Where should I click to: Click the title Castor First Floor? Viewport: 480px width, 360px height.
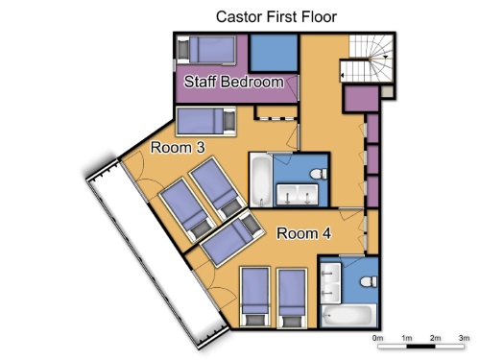pyautogui.click(x=276, y=16)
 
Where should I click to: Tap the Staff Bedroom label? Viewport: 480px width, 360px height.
pyautogui.click(x=233, y=82)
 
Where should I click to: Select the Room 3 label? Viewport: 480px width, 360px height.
pyautogui.click(x=178, y=147)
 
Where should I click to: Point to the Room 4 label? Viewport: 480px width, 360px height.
pyautogui.click(x=303, y=233)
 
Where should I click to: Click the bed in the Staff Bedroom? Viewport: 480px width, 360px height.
pyautogui.click(x=206, y=50)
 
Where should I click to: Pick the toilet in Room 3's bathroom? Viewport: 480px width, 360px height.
pyautogui.click(x=319, y=174)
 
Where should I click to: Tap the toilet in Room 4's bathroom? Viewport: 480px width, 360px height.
pyautogui.click(x=369, y=282)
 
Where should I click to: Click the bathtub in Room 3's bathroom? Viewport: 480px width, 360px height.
pyautogui.click(x=261, y=180)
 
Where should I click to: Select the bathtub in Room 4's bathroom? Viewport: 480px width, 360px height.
pyautogui.click(x=348, y=316)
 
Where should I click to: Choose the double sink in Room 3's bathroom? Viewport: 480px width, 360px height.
pyautogui.click(x=298, y=194)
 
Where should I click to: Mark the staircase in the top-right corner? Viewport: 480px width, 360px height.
pyautogui.click(x=367, y=59)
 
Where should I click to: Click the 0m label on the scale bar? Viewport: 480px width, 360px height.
pyautogui.click(x=378, y=338)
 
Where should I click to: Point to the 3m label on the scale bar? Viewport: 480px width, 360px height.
pyautogui.click(x=464, y=338)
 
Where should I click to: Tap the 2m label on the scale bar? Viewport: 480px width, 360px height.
pyautogui.click(x=435, y=338)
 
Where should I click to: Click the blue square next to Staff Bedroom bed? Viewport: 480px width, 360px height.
pyautogui.click(x=274, y=53)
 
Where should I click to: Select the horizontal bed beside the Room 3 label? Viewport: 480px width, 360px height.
pyautogui.click(x=206, y=122)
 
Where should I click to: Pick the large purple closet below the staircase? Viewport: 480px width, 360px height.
pyautogui.click(x=361, y=99)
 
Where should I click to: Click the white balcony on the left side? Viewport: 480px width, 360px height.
pyautogui.click(x=157, y=253)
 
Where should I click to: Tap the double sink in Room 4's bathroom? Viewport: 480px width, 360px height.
pyautogui.click(x=331, y=283)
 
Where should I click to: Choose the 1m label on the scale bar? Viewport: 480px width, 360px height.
pyautogui.click(x=407, y=338)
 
